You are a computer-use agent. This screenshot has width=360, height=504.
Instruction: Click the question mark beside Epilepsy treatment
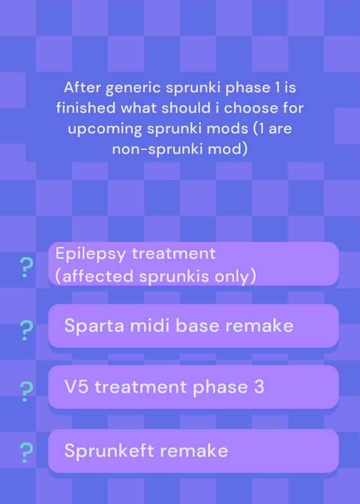(26, 268)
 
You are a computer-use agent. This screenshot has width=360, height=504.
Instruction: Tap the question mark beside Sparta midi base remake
(26, 330)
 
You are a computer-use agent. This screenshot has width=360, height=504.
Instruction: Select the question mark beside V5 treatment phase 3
(26, 392)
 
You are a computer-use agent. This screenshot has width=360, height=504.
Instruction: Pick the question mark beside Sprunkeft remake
(26, 453)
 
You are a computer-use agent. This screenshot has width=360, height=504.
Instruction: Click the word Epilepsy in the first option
(90, 255)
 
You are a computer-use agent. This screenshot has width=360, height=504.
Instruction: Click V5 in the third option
(76, 387)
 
